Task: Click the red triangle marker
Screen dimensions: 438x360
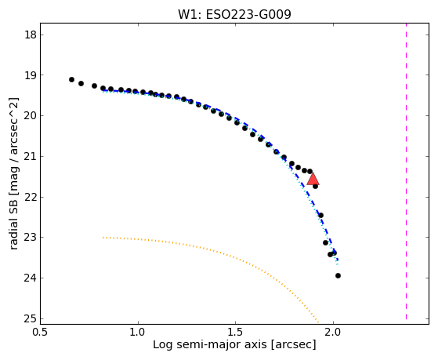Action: (313, 179)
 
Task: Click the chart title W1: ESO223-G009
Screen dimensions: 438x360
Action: (234, 15)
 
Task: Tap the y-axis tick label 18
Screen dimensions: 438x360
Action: (31, 35)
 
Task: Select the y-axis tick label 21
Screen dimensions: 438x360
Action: (31, 156)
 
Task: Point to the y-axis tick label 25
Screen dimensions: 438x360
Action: (31, 318)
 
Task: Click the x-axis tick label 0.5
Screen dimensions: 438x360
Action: (41, 332)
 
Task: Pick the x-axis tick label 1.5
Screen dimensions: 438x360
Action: (236, 332)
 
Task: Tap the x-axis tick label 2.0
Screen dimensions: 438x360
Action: (333, 332)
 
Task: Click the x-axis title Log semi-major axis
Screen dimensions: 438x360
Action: (210, 344)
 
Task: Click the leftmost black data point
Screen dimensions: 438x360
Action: (71, 80)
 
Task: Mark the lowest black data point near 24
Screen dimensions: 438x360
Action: (338, 276)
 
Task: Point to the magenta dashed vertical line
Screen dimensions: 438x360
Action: (406, 171)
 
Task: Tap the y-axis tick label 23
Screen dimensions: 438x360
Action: (31, 237)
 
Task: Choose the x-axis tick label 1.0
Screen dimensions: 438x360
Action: (138, 332)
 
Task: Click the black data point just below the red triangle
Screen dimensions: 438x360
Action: (315, 186)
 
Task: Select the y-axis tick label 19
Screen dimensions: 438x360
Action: (31, 75)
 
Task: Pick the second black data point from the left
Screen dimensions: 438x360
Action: (81, 83)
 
